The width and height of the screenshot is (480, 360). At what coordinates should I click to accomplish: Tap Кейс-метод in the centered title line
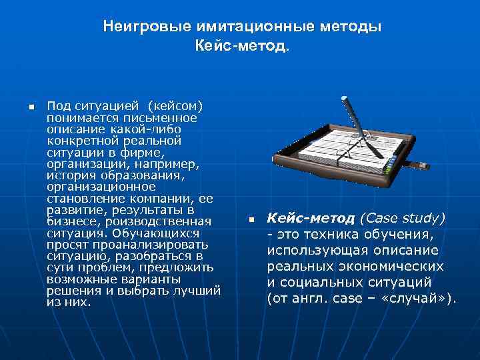[x=242, y=47]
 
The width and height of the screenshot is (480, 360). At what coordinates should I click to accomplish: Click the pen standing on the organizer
[x=355, y=120]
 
